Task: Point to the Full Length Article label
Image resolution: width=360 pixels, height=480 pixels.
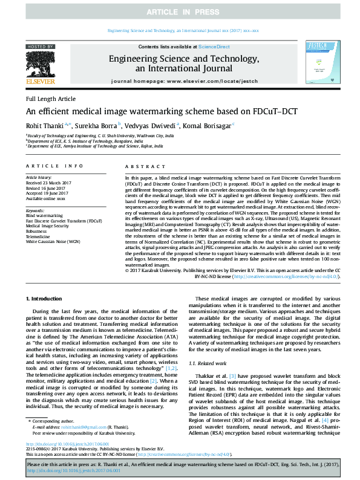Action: pyautogui.click(x=51, y=99)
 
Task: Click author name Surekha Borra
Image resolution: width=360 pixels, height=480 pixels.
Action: pyautogui.click(x=97, y=125)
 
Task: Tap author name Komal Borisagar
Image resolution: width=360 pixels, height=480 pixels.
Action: pyautogui.click(x=209, y=125)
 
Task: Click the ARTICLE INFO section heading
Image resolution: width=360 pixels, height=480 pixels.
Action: pyautogui.click(x=53, y=166)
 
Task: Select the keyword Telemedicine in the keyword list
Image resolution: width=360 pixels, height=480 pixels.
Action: pyautogui.click(x=40, y=236)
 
